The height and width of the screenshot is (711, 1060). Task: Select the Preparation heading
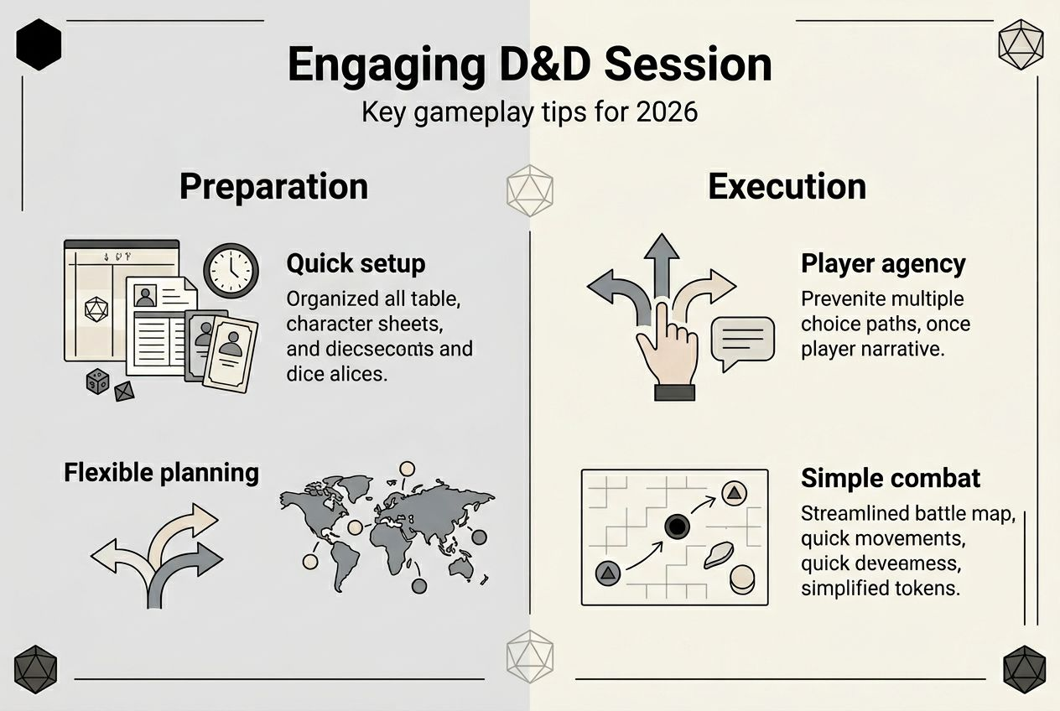(x=273, y=186)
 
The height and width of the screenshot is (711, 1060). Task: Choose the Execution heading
(x=787, y=186)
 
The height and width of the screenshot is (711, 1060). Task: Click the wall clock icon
(x=231, y=270)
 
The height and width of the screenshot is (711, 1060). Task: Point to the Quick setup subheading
(x=356, y=263)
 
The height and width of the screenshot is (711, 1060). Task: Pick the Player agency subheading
(x=883, y=263)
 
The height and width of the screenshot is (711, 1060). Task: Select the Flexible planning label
(x=161, y=472)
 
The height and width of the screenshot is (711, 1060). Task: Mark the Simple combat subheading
(x=890, y=478)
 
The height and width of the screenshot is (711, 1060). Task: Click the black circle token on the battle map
(x=677, y=527)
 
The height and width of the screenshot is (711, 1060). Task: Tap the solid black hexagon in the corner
(x=39, y=44)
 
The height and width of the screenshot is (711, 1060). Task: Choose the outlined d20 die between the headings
(x=529, y=190)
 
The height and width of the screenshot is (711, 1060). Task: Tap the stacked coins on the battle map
(x=741, y=579)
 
